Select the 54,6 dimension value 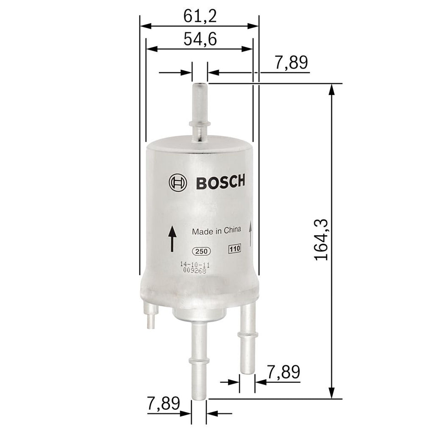pos(200,39)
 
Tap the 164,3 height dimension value pos(322,239)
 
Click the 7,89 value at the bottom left pos(164,403)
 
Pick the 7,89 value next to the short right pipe pos(283,372)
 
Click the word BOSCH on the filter pos(221,182)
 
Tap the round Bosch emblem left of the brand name pos(177,183)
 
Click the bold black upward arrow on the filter pos(172,238)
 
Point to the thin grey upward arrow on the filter pos(251,235)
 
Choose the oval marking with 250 pos(200,251)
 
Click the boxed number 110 pos(234,249)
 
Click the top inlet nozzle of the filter pos(200,110)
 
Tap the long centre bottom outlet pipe pos(199,361)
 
